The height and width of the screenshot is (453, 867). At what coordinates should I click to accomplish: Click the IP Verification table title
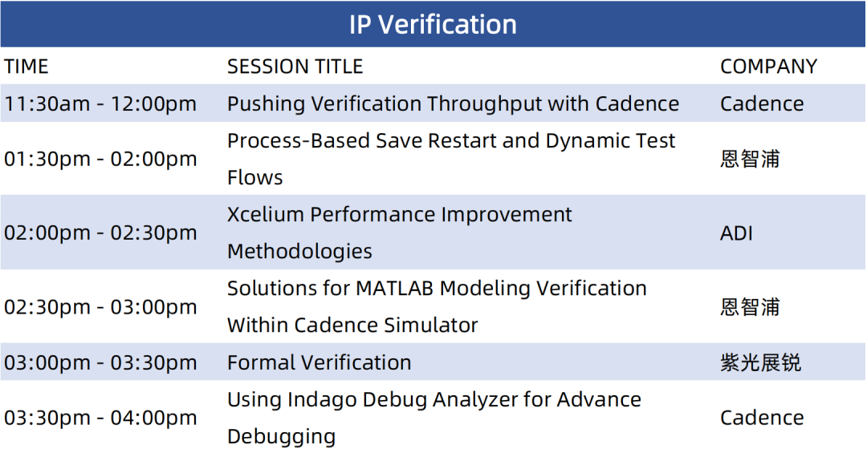[x=433, y=24]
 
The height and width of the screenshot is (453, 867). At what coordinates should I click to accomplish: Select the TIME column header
[x=26, y=67]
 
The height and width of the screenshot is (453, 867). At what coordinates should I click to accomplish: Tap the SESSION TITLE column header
[x=295, y=67]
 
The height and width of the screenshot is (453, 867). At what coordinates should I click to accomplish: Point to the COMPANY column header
[x=768, y=67]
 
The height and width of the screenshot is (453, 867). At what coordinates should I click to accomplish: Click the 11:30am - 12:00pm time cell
[x=100, y=104]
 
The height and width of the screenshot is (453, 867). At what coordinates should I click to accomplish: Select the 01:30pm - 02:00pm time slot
[x=100, y=159]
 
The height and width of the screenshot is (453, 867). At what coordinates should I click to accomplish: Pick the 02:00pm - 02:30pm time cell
[x=100, y=233]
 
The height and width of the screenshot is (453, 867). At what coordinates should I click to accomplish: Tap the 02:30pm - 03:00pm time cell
[x=100, y=306]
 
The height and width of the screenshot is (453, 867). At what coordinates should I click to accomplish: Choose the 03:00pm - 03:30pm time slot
[x=100, y=362]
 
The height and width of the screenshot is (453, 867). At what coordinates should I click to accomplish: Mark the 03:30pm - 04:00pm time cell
[x=100, y=418]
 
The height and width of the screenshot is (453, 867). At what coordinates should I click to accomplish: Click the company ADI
[x=736, y=233]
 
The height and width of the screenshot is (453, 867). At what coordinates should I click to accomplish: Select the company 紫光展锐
[x=761, y=362]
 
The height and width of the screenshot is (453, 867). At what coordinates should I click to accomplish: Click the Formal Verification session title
[x=319, y=362]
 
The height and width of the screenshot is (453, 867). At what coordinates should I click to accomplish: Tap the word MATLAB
[x=395, y=289]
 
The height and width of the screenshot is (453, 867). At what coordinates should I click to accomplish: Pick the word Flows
[x=255, y=178]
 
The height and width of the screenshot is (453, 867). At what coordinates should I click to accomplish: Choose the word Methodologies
[x=299, y=252]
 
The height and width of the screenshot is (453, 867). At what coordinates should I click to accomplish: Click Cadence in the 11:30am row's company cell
[x=762, y=104]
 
